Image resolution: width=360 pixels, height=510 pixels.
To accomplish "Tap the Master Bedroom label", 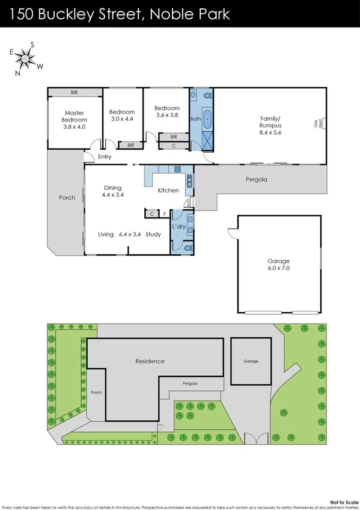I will point(75,120).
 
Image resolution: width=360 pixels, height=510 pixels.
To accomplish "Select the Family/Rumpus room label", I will point(270,125).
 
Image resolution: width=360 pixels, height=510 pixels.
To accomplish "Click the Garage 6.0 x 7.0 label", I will point(278,265).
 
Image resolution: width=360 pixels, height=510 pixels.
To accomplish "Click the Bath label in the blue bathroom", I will point(195,119).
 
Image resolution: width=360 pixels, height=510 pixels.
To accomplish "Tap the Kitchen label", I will point(168,191).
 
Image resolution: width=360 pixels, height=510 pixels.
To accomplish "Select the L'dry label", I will point(178,226).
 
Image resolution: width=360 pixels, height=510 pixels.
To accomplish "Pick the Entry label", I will point(105,157).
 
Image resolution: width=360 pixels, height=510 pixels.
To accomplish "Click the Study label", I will point(153,234).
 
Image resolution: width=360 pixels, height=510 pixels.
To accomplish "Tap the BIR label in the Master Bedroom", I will point(75,93).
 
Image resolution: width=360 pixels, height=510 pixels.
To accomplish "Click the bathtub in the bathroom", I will point(207,118).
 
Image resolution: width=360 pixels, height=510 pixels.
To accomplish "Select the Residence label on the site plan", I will point(150,361).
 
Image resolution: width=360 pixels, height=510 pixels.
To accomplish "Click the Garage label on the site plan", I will point(251,361).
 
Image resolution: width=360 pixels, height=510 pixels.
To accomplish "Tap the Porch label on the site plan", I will point(96,392).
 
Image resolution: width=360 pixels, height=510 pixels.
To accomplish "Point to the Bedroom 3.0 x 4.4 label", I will point(122,115).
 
